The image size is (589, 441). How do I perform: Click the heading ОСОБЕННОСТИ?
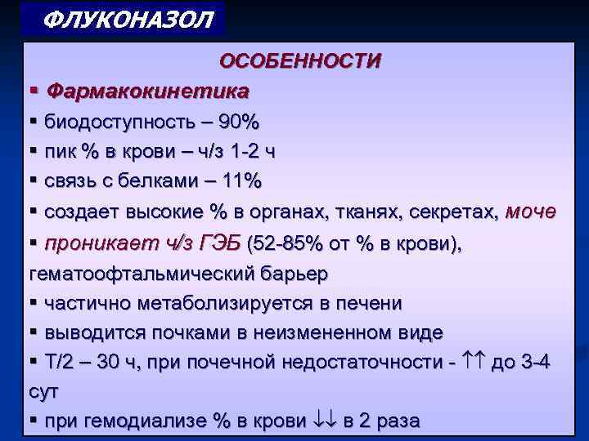[299, 61]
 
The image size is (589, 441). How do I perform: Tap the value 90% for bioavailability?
[238, 123]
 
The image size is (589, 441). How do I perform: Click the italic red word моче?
[530, 212]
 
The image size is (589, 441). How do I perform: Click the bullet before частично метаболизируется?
[34, 303]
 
